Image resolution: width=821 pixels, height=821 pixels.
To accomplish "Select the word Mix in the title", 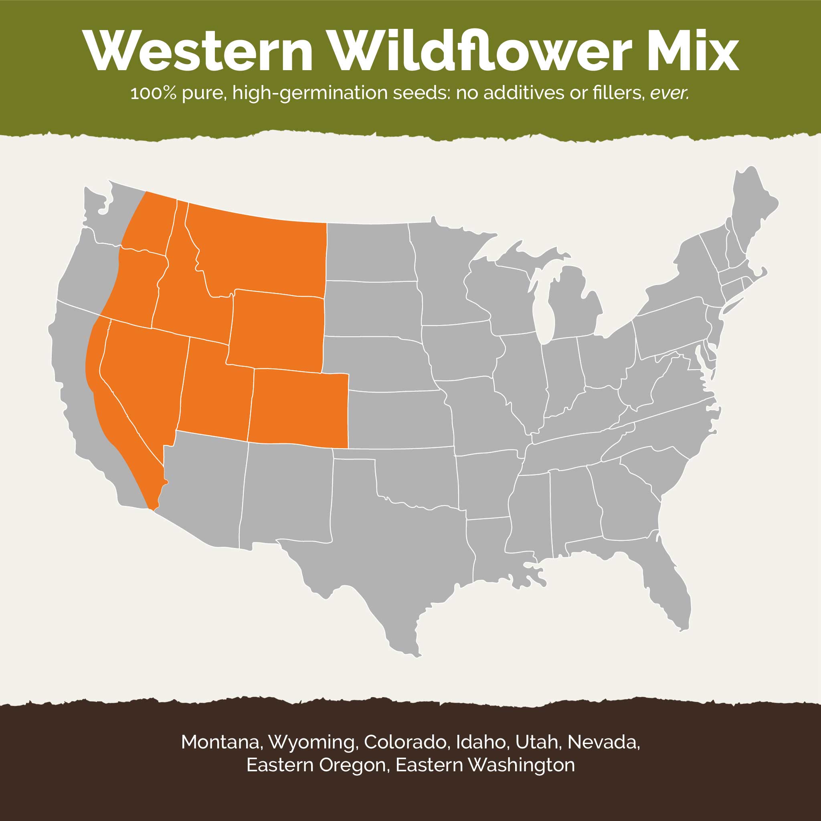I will pos(693,52).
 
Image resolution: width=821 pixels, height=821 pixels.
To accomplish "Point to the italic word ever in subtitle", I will pos(669,93).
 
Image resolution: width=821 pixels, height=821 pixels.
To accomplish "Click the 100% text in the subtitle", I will pos(153,93).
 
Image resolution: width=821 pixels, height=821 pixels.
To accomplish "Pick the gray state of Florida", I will pos(667,590).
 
